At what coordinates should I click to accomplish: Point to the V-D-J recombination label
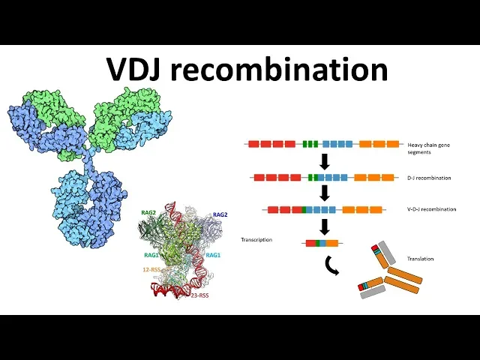click(x=428, y=209)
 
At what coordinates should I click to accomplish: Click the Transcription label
click(x=256, y=240)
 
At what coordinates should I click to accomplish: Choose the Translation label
click(x=420, y=259)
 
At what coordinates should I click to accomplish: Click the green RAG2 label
click(x=148, y=213)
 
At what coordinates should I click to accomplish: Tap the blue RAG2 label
click(x=220, y=214)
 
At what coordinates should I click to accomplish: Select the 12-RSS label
click(x=151, y=268)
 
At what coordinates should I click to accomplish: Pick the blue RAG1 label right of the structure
click(x=213, y=255)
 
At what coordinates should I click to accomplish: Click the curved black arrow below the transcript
click(x=328, y=265)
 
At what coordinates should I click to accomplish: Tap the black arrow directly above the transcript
click(x=325, y=226)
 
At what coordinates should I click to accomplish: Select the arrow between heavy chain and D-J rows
click(x=325, y=161)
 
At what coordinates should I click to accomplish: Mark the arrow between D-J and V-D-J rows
click(x=325, y=193)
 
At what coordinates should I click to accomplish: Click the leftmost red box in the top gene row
click(x=253, y=143)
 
